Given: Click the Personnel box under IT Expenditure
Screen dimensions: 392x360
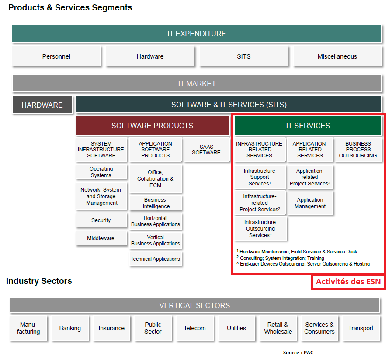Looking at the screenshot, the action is click(56, 56).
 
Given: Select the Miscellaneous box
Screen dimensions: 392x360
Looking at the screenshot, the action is click(337, 56).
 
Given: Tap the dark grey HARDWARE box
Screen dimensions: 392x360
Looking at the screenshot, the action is click(42, 105).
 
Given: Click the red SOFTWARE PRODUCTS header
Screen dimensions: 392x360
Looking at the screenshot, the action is click(153, 126).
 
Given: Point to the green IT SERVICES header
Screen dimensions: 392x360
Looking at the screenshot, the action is click(308, 126).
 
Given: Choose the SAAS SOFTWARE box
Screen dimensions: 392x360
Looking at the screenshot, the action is click(206, 150).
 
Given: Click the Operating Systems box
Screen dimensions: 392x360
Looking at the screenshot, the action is click(101, 171).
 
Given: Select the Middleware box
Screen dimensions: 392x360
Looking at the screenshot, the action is click(101, 238).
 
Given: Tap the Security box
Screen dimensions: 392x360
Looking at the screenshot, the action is click(101, 220).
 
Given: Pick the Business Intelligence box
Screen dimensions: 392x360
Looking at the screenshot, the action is click(156, 203).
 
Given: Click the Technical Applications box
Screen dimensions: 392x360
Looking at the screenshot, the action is click(156, 259).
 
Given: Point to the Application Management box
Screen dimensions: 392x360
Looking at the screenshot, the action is click(310, 203).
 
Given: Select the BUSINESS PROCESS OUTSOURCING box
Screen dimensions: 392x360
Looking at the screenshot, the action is click(358, 150).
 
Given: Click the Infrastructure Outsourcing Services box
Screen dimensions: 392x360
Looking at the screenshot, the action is click(260, 229).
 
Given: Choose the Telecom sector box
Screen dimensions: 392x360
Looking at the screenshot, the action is click(195, 328).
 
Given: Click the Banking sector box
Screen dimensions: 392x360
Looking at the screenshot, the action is click(70, 328).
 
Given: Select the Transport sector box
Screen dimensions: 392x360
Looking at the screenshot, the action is click(361, 328).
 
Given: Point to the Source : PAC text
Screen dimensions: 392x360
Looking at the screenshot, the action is click(298, 353).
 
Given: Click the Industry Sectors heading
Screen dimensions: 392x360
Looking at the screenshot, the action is click(39, 281).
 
